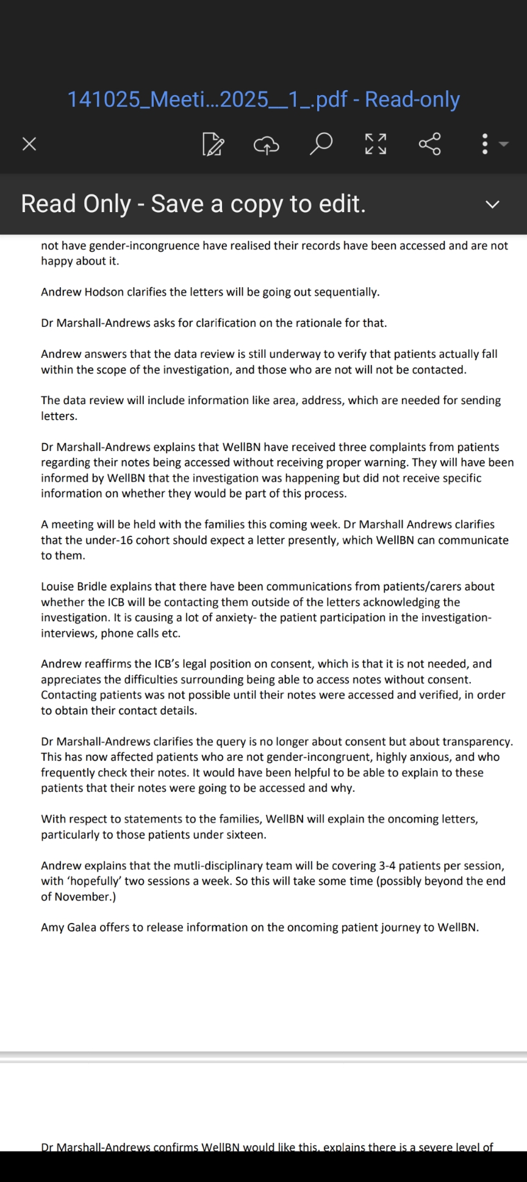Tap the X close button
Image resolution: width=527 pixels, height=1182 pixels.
pos(29,144)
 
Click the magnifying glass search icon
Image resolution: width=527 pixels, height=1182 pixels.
pos(321,144)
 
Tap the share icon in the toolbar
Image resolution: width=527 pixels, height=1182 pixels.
pos(429,144)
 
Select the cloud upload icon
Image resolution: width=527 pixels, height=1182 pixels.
pos(266,144)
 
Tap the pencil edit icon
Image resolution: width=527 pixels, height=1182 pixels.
pos(213,144)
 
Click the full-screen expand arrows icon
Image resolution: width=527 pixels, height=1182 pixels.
pos(375,144)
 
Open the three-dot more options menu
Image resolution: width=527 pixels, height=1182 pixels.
pos(486,144)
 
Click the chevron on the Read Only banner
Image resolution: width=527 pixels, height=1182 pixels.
pos(492,204)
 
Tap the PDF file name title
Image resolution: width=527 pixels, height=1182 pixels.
pos(263,99)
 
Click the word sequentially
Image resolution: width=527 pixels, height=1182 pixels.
pos(347,292)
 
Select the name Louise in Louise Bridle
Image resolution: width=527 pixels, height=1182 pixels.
pos(57,586)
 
